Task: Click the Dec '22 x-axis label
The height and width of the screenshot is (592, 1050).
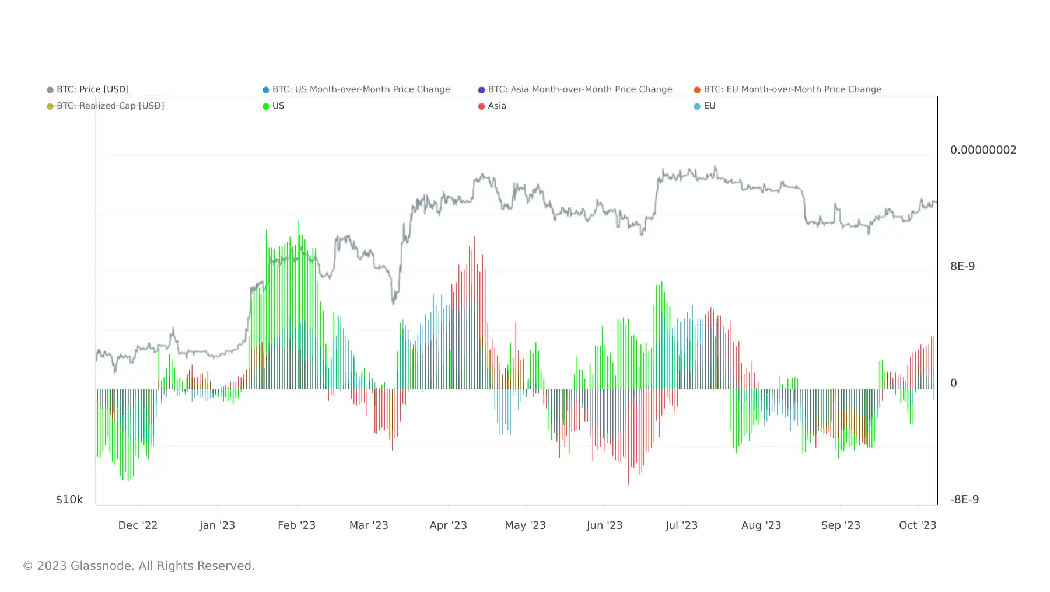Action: (x=138, y=525)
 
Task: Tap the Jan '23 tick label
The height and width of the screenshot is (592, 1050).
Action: (x=217, y=525)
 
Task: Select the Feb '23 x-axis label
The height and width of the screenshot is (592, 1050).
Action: (x=296, y=525)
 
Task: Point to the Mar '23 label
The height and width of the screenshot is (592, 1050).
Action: (x=369, y=525)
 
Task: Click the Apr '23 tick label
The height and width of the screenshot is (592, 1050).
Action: (x=448, y=525)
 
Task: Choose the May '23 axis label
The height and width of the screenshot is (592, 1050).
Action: (x=525, y=525)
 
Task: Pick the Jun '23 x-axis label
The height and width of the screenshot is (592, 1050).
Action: (x=604, y=525)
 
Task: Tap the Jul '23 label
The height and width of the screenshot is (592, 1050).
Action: (x=681, y=525)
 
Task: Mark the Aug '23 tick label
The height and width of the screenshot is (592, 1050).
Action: (x=761, y=525)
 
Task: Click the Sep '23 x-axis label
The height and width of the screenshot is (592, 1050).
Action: (x=841, y=525)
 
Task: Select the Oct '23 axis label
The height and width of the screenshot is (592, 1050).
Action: (x=918, y=525)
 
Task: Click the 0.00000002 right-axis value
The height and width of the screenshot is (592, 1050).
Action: (x=983, y=150)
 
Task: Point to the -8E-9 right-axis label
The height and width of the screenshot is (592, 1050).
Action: (x=964, y=499)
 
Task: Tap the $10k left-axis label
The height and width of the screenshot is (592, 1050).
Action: (x=69, y=499)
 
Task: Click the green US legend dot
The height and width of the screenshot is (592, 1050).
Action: (x=266, y=106)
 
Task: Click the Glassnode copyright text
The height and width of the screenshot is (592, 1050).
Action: (x=139, y=566)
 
